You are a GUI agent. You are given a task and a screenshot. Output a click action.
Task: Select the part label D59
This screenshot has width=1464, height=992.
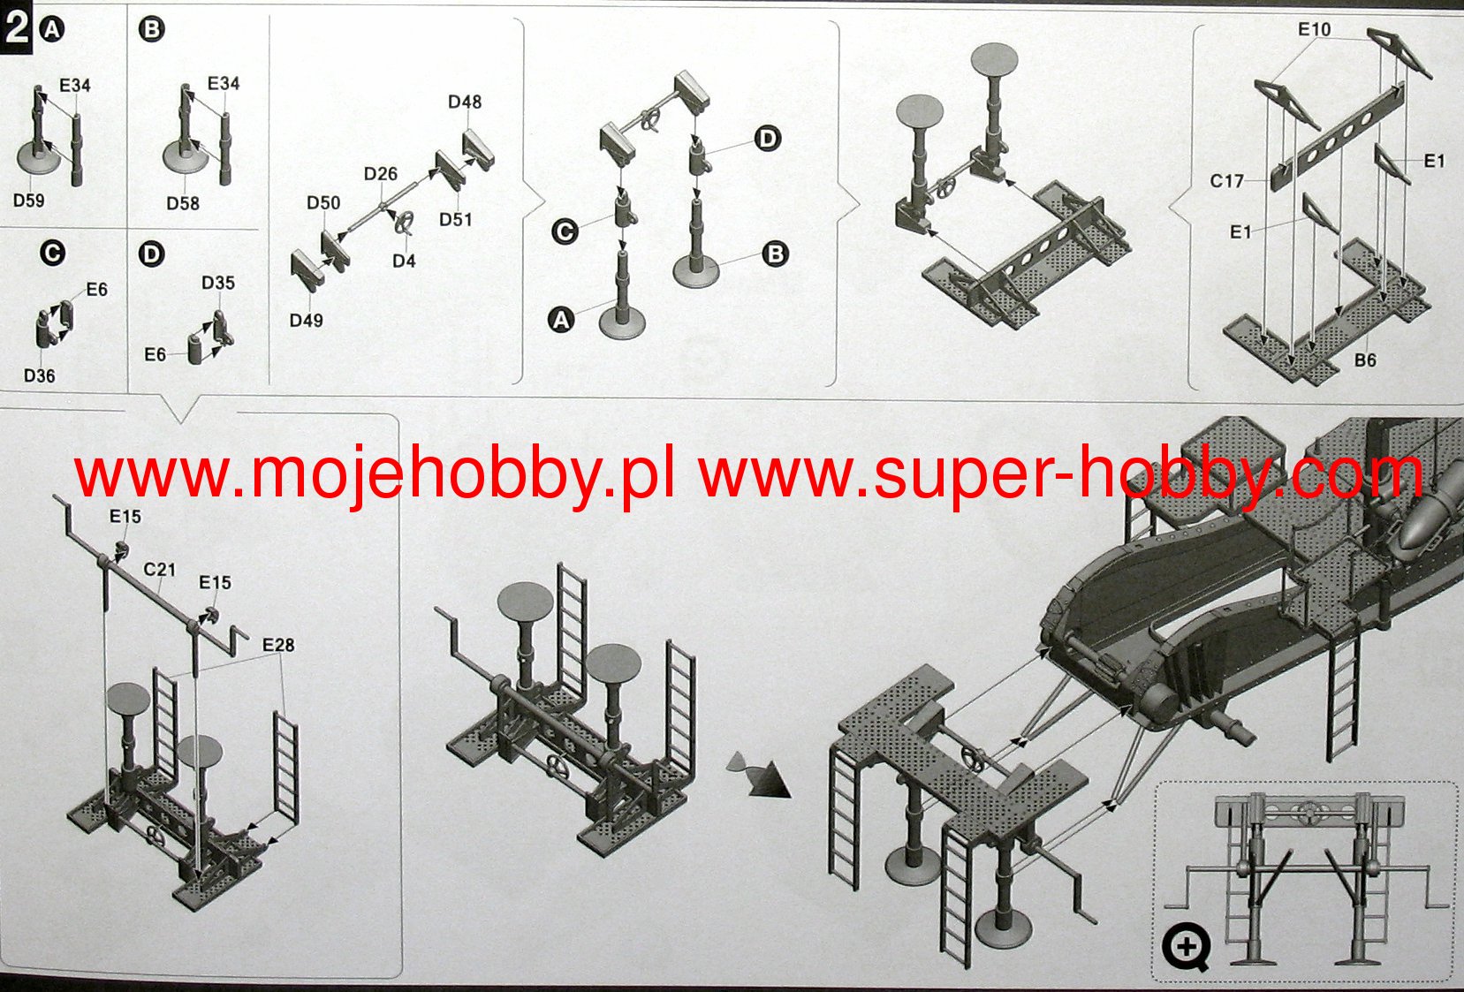click(x=28, y=201)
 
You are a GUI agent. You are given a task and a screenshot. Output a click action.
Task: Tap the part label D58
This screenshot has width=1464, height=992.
click(x=183, y=203)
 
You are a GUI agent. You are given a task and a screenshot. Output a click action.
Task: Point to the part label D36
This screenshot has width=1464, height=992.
click(x=39, y=375)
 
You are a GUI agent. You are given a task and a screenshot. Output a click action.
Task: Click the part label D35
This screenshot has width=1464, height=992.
click(x=218, y=283)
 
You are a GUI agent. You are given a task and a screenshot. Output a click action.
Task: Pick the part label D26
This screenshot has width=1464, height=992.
click(x=381, y=174)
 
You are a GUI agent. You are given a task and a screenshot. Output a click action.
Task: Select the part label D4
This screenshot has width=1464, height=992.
click(x=404, y=261)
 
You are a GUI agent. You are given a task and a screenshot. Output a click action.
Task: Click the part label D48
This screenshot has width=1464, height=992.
click(x=465, y=102)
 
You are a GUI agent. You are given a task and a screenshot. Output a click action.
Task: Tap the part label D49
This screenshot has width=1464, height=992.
click(x=307, y=320)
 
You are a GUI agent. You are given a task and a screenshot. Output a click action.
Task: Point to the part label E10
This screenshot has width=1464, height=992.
click(x=1314, y=29)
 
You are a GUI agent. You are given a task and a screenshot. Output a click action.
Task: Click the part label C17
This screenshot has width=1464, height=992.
click(x=1227, y=181)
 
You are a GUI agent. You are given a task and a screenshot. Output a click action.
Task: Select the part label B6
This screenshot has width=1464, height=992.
click(x=1365, y=360)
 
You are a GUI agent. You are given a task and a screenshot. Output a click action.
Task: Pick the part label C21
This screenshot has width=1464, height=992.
click(x=160, y=570)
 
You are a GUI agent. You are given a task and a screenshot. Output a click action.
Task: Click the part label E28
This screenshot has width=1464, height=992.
click(x=278, y=645)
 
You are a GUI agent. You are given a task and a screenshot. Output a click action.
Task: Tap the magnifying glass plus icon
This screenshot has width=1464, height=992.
click(x=1186, y=948)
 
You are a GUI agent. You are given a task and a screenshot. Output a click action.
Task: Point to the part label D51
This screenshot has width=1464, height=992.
click(x=456, y=219)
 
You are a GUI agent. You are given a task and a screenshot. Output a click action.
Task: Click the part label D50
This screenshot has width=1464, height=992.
click(x=323, y=202)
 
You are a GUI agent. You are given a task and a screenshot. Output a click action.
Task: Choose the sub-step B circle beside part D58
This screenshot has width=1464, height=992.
click(x=151, y=29)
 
